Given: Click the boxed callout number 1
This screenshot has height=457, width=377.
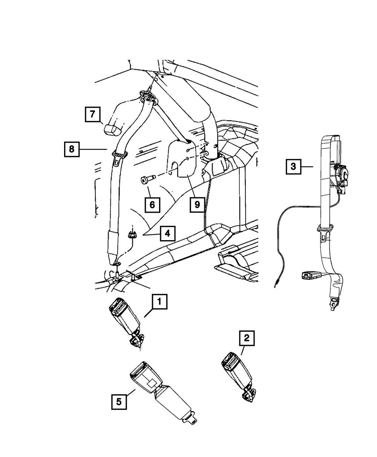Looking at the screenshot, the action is pos(159,302).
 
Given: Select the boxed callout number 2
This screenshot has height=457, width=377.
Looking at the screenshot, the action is pos(247,338).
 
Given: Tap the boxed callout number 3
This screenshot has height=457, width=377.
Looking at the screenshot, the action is pos(293,166).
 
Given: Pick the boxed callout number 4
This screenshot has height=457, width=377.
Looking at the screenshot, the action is pos(167,233).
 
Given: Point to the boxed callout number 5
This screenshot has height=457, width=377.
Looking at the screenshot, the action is pos(119,402).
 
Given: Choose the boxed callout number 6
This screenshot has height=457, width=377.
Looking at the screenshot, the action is pos(152,205).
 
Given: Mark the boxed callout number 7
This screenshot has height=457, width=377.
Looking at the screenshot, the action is pos(92,114).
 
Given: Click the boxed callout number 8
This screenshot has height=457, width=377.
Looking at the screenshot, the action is pos(72,149).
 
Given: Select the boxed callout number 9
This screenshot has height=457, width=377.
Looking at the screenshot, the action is pos(197,205).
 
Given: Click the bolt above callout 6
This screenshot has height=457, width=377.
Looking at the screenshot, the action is pos(148,179).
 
